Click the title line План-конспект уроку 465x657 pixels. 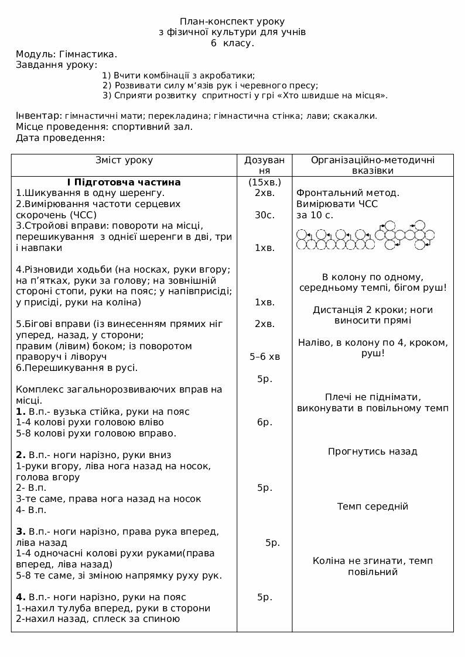tap(232, 21)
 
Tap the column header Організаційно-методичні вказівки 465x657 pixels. tap(372, 165)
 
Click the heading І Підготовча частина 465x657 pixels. tap(124, 182)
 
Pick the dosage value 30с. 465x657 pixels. tap(265, 215)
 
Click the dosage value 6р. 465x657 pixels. tap(265, 422)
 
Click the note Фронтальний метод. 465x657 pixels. tap(348, 192)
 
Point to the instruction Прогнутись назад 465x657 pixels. tap(372, 452)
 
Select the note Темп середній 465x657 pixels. tap(372, 506)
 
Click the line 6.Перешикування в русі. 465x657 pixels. tap(77, 367)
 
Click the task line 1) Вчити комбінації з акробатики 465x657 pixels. tap(179, 75)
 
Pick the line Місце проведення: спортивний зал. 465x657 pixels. tap(104, 126)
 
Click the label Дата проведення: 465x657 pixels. tap(60, 137)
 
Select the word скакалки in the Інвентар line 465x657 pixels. tap(355, 116)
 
